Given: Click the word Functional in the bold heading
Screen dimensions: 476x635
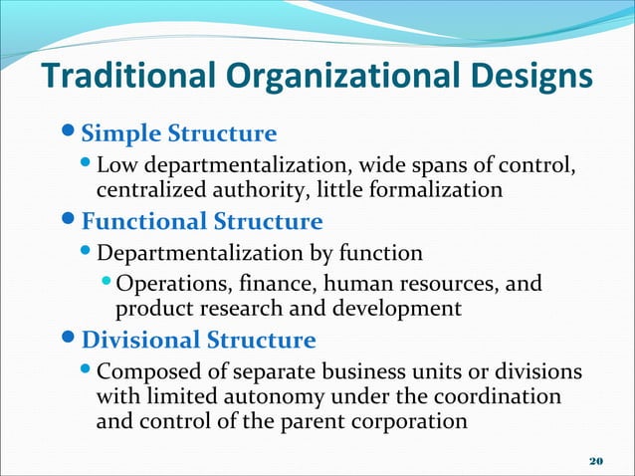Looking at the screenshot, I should [x=143, y=221].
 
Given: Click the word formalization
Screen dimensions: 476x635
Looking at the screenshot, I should [x=438, y=188].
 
